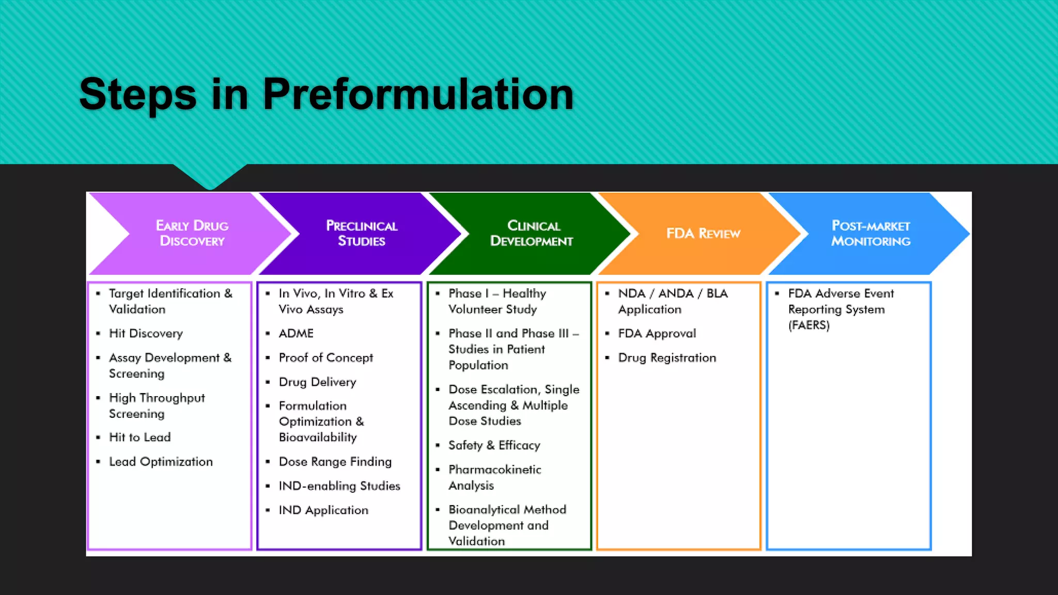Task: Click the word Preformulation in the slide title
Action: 418,95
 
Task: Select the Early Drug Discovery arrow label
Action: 192,233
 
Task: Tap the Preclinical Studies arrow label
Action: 362,233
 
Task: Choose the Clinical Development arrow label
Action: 532,233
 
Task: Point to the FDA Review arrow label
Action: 703,233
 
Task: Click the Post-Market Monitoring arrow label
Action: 870,233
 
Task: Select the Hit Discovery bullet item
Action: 146,334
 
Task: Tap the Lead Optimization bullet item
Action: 161,462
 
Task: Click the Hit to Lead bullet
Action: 139,437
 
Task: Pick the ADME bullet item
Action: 296,334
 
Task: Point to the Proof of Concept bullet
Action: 325,358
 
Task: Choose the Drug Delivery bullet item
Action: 317,382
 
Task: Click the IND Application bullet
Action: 323,510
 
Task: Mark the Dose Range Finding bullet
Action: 335,462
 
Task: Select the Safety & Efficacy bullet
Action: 494,445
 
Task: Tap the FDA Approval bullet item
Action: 657,334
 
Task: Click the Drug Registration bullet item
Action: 667,358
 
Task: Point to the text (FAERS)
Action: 808,325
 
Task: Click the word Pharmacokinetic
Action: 494,469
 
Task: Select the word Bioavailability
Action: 318,437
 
